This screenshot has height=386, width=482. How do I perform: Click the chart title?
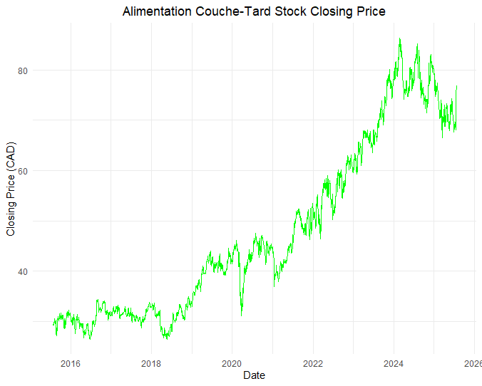(x=254, y=12)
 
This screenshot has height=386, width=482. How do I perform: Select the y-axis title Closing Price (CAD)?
(x=11, y=189)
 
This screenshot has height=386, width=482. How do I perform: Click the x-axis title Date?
(x=254, y=375)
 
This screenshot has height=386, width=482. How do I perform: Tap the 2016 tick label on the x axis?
(x=71, y=364)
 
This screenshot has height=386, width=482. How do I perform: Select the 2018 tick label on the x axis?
(x=151, y=364)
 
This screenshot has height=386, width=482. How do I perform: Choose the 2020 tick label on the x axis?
(x=232, y=364)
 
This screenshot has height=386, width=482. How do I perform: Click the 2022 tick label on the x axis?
(x=313, y=364)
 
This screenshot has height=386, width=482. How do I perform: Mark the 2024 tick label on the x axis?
(x=394, y=364)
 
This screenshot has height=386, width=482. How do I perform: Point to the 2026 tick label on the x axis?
(x=473, y=364)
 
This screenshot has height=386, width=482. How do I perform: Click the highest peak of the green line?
(x=400, y=38)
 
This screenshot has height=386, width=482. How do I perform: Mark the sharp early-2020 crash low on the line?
(x=242, y=315)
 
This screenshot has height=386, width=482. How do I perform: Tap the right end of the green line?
(x=456, y=86)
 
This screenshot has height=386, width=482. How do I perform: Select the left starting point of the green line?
(x=53, y=325)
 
